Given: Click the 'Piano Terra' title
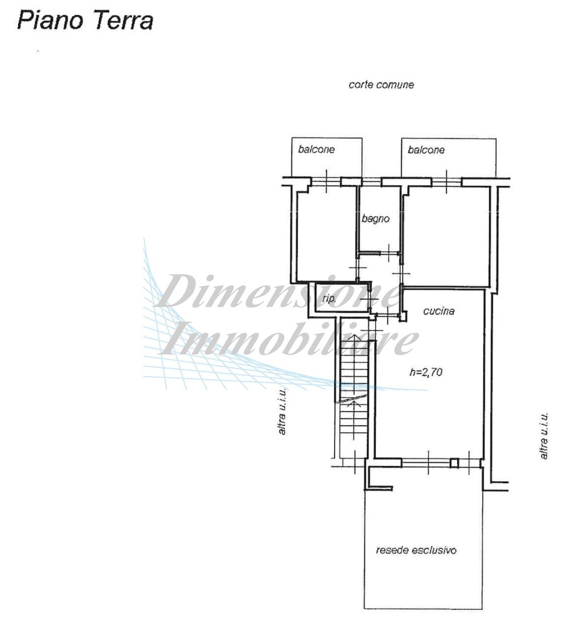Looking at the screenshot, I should (85, 22).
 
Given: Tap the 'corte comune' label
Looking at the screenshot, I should (381, 85).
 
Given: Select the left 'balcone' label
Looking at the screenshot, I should (316, 150).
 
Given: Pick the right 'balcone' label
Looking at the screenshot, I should (426, 150).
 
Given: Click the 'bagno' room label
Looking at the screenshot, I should (376, 219).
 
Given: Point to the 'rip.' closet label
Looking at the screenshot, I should (329, 298).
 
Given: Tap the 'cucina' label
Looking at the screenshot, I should (439, 311).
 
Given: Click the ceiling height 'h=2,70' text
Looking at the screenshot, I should (426, 372).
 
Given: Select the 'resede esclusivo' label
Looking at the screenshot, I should (416, 550).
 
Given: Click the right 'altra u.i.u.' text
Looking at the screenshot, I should (544, 436).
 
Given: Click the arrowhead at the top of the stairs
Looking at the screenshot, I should (352, 338).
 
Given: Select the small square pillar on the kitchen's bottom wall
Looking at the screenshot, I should (455, 462).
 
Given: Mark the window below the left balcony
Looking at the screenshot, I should (327, 182).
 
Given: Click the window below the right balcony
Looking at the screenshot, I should (447, 182).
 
